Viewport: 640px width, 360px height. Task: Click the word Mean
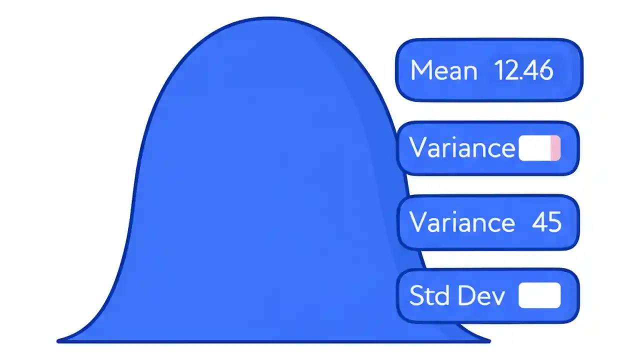click(443, 70)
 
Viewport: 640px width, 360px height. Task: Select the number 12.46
click(523, 70)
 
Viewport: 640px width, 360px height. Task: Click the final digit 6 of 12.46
click(546, 71)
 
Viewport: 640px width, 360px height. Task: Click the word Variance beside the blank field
click(462, 148)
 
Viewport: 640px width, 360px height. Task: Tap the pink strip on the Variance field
click(555, 148)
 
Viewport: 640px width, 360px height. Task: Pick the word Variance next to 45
click(462, 221)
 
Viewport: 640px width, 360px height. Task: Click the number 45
click(546, 221)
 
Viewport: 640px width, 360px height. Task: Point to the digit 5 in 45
click(554, 221)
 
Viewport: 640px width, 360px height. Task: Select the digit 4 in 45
click(539, 221)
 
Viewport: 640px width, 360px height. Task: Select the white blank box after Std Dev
click(539, 295)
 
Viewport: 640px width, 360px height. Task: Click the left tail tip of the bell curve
click(59, 341)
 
